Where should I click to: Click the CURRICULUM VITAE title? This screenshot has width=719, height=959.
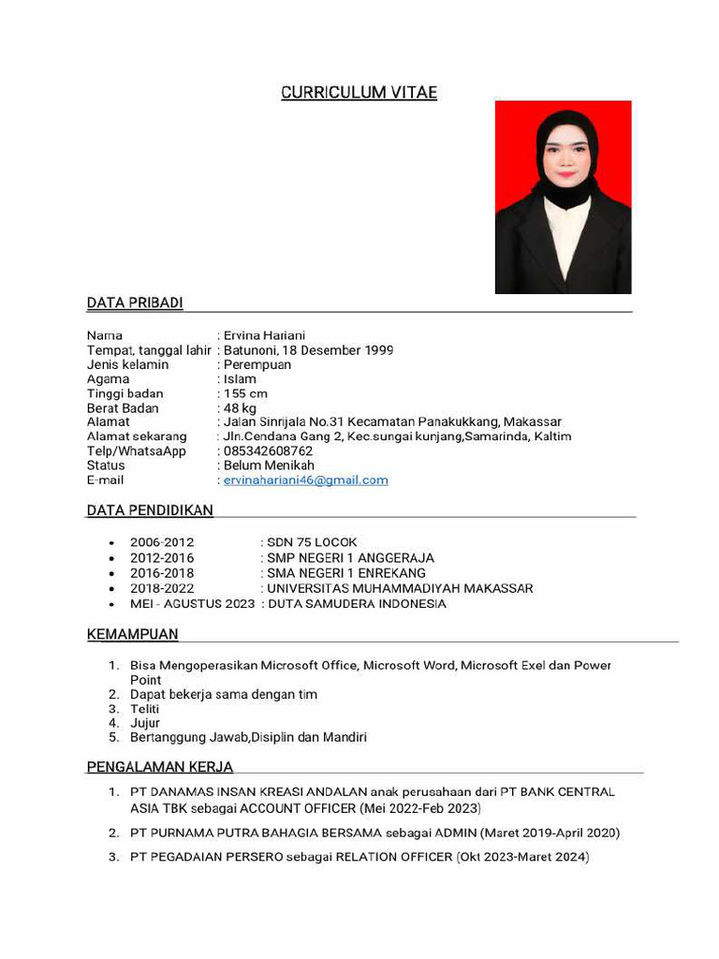359,93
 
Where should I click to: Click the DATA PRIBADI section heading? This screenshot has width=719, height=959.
135,302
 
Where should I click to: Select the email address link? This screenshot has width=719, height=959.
305,480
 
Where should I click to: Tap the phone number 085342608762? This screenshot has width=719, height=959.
268,451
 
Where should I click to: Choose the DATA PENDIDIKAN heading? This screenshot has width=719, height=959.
150,510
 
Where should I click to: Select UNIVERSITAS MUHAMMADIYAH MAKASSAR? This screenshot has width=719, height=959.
400,589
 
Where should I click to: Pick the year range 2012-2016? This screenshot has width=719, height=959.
162,558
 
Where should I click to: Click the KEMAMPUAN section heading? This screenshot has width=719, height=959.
132,635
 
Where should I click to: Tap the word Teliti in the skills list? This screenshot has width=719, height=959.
145,709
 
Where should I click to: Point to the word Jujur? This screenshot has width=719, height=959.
145,723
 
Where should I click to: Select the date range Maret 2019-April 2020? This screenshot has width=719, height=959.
552,833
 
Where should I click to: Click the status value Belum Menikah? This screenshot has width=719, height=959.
269,465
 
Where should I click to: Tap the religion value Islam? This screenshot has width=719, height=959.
240,379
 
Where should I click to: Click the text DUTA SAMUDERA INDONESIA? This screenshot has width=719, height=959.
357,604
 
